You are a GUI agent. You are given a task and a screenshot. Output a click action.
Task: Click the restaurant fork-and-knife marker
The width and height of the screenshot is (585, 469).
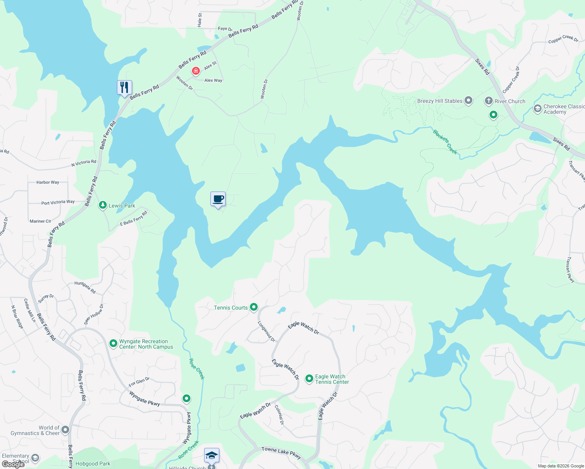coord(124,88)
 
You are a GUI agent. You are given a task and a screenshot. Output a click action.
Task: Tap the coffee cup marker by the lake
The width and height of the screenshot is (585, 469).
coord(218,199)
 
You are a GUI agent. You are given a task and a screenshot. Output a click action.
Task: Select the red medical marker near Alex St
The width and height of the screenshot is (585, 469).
coord(196,71)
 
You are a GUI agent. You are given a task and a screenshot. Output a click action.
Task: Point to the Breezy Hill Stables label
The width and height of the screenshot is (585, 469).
coord(440,101)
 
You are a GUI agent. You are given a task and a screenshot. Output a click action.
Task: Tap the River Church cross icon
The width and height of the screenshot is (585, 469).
coord(488,101)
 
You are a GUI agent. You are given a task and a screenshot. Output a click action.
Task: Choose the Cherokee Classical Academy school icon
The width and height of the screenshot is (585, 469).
coord(537,108)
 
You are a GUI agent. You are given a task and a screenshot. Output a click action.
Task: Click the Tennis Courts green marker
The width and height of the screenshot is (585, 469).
coord(254,307)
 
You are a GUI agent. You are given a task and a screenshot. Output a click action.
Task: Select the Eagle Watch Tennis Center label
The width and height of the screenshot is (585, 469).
coord(332,379)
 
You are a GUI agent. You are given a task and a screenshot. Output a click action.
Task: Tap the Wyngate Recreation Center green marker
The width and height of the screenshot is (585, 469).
coord(113,344)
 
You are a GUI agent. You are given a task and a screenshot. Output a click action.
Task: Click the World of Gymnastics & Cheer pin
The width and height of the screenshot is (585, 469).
coord(65,430)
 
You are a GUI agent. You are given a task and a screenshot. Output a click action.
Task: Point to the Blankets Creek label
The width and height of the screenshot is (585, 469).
coord(445,141)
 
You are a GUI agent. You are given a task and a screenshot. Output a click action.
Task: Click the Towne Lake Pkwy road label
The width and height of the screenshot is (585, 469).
coord(281,453)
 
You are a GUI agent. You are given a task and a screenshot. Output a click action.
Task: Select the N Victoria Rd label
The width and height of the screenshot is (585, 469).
coord(84,163)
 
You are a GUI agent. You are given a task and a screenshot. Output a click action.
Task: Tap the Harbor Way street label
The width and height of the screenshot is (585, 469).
coord(48,183)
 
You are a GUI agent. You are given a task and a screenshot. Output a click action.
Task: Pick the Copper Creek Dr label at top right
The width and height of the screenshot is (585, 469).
coord(563,39)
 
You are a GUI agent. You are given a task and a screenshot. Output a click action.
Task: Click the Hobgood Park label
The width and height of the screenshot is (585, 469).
coord(93,464)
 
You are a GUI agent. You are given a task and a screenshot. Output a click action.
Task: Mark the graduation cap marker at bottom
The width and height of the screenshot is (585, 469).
coord(212,456)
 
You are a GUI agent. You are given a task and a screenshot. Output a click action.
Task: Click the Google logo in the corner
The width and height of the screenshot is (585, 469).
coord(13,464)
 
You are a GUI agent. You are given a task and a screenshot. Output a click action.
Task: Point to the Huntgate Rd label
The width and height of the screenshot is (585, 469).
coord(85,287)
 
